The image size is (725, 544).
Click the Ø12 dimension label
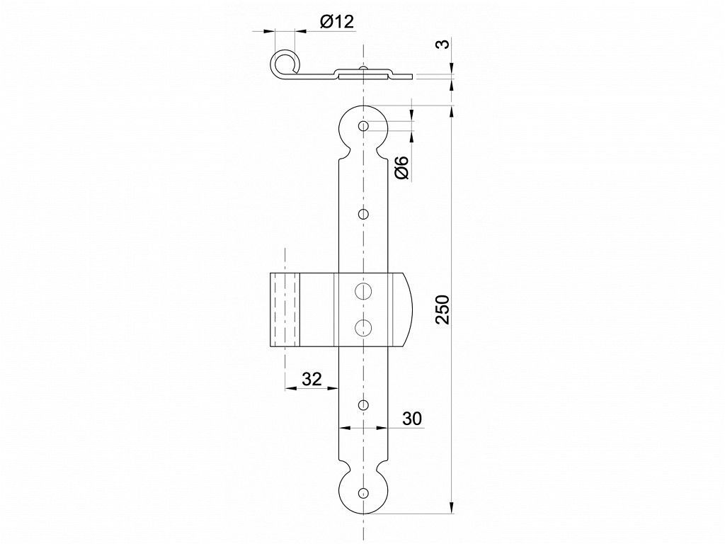click(336, 22)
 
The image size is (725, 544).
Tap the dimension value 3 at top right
click(443, 45)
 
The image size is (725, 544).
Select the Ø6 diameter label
click(402, 167)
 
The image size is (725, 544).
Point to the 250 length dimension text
click(443, 309)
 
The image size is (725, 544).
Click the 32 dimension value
click(312, 380)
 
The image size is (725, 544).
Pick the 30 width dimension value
click(411, 419)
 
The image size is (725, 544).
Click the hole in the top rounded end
click(363, 126)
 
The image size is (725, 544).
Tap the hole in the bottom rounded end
click(364, 492)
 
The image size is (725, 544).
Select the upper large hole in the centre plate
click(363, 290)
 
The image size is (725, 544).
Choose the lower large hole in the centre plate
click(363, 327)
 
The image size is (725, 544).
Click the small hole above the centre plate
click(363, 214)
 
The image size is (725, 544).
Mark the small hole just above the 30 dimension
click(364, 406)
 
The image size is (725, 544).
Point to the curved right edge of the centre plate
click(409, 309)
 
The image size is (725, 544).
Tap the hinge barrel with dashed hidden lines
click(285, 310)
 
